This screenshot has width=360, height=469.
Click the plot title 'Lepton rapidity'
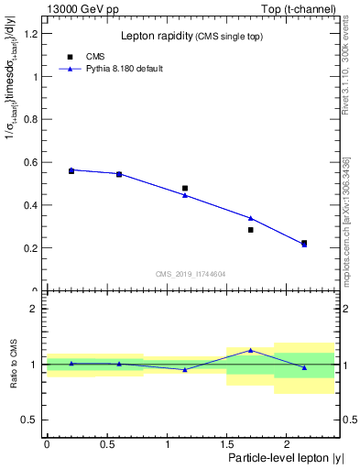pos(154,36)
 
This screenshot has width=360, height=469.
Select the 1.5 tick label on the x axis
pos(226,444)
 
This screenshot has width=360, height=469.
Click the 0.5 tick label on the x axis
pos(106,444)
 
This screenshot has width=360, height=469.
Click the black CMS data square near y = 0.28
pos(250,230)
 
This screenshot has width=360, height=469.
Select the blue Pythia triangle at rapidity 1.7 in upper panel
pos(250,218)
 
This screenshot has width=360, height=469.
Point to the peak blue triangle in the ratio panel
pos(250,350)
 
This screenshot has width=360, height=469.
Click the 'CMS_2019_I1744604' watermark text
pos(190,274)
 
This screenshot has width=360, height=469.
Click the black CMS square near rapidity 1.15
pos(185,189)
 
